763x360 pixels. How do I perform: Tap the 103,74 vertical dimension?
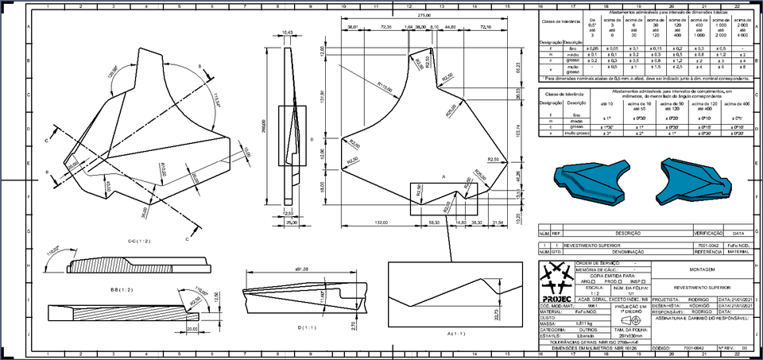pos(517,131)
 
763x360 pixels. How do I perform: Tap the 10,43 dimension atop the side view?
pos(288,33)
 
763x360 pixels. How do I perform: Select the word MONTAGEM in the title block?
pos(690,269)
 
